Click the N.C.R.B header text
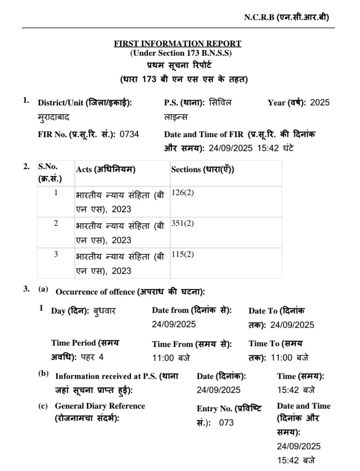pyautogui.click(x=286, y=17)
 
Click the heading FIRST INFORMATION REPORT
pyautogui.click(x=177, y=44)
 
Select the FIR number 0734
pyautogui.click(x=129, y=134)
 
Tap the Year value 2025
pyautogui.click(x=320, y=103)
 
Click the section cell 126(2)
pyautogui.click(x=183, y=193)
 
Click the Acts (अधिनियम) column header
pyautogui.click(x=106, y=169)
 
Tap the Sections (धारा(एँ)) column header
pyautogui.click(x=203, y=169)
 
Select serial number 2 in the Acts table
pyautogui.click(x=56, y=224)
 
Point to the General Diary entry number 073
pyautogui.click(x=226, y=423)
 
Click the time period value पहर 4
pyautogui.click(x=92, y=357)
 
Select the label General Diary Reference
pyautogui.click(x=100, y=406)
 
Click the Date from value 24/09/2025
pyautogui.click(x=174, y=324)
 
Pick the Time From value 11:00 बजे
pyautogui.click(x=171, y=357)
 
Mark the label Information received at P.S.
pyautogui.click(x=117, y=376)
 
